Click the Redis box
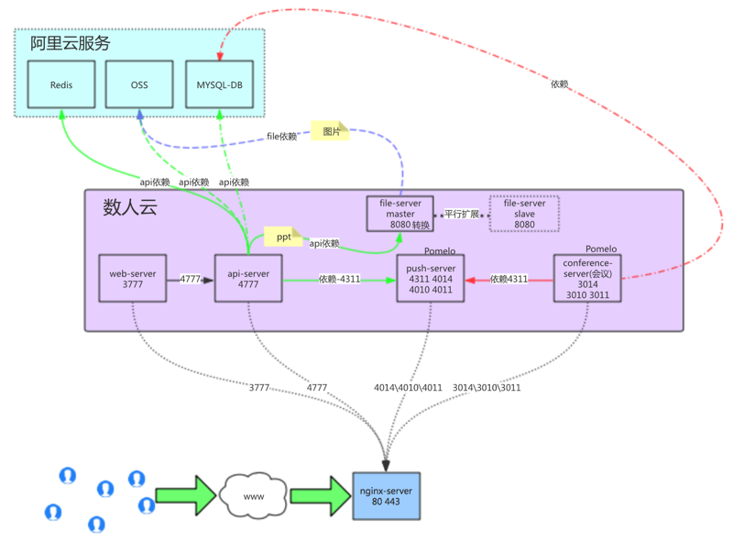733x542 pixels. [61, 85]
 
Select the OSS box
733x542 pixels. [139, 85]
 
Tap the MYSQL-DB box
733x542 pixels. [220, 85]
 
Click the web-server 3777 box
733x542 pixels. [133, 279]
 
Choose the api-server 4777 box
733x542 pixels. [248, 279]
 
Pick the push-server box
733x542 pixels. [431, 279]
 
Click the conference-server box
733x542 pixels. [587, 279]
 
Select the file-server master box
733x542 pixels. [400, 214]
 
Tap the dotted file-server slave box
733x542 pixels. [524, 214]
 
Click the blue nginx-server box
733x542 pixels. [387, 496]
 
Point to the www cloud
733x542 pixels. [254, 496]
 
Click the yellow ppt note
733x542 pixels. [283, 237]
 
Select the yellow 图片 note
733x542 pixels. [331, 131]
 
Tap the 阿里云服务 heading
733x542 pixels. [71, 43]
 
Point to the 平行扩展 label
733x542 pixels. [462, 215]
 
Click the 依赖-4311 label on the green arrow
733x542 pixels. [339, 279]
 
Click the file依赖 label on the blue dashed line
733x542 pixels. [282, 137]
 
